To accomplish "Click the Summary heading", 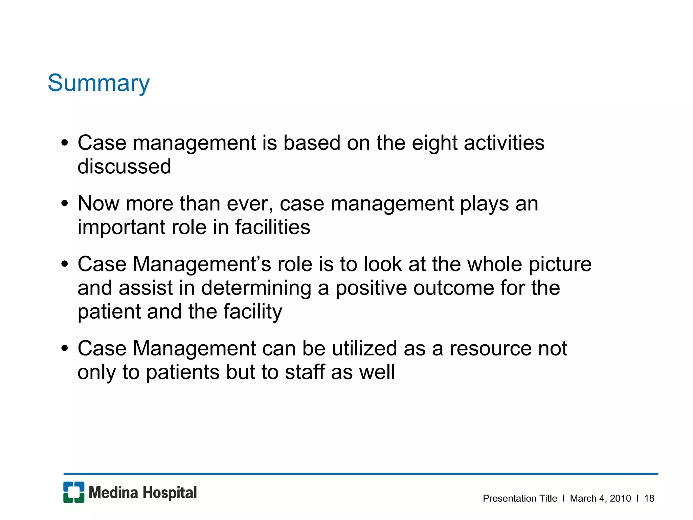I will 98,83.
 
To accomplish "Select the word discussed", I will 124,167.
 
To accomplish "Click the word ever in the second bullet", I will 249,204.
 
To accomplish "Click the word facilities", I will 272,227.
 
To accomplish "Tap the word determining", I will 256,288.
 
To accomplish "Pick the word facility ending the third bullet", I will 252,312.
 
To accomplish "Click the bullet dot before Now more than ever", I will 65,204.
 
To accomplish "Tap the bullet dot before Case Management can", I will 65,348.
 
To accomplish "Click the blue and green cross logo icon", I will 74,492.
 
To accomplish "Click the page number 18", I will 649,498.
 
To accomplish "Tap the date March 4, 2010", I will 600,498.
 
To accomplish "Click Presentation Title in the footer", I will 520,498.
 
